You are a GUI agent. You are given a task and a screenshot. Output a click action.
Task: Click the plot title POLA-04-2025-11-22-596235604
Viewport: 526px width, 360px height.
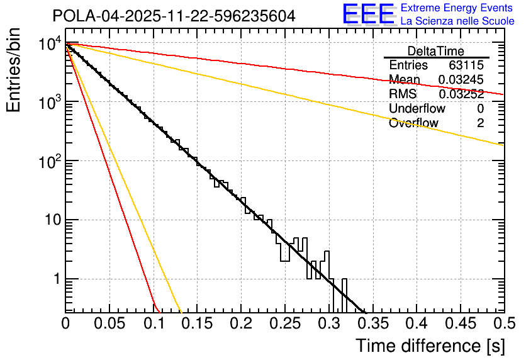tap(174, 16)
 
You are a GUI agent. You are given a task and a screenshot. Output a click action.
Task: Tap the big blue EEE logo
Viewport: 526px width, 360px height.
tap(367, 14)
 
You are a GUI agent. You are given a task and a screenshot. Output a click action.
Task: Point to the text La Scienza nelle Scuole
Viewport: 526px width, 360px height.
tap(457, 21)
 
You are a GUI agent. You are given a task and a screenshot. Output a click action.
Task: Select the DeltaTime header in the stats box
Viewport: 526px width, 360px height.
tap(435, 51)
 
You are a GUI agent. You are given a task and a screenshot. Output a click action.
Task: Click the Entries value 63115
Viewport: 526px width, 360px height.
tap(466, 65)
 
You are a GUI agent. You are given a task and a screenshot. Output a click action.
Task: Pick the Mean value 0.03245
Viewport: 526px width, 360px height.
tap(461, 80)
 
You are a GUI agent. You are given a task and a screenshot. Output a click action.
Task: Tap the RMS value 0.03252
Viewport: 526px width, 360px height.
tap(461, 94)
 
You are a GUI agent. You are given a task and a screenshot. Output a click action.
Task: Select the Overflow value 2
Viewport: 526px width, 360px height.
tap(480, 123)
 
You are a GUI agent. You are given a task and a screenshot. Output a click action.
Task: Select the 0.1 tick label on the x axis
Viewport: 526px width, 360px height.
tap(154, 323)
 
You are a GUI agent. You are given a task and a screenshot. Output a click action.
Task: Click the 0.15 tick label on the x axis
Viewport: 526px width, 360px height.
tap(197, 323)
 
